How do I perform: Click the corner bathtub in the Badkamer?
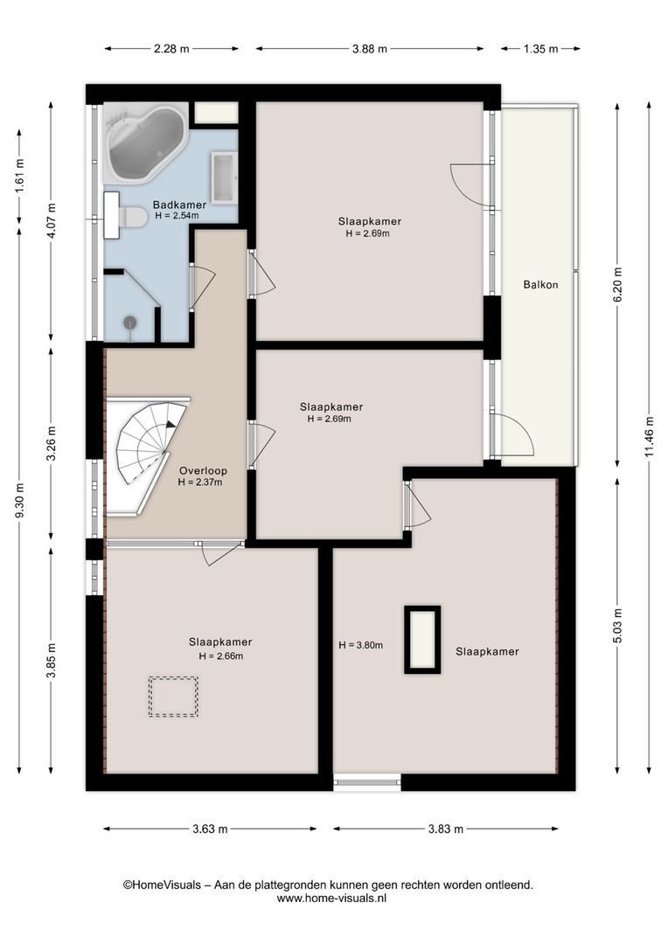click(x=146, y=142)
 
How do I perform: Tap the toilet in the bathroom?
click(x=131, y=216)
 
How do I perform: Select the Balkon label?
click(x=540, y=285)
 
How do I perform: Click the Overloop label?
click(x=203, y=471)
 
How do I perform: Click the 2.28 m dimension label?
click(x=171, y=49)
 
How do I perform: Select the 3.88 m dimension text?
click(x=369, y=49)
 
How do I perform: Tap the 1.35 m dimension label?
click(x=540, y=49)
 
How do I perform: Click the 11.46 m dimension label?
click(x=650, y=436)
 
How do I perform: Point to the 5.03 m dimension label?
click(x=617, y=626)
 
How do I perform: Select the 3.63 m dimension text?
click(x=210, y=829)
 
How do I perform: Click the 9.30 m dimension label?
click(x=19, y=501)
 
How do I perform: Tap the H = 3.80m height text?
click(x=361, y=645)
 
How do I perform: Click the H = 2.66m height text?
click(x=221, y=656)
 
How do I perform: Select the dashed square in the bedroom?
click(x=173, y=697)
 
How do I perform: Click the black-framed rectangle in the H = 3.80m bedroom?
click(x=422, y=639)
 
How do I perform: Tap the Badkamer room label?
click(x=179, y=205)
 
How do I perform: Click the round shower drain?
click(x=130, y=323)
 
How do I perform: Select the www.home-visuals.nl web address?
click(x=331, y=899)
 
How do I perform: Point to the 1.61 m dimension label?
click(x=19, y=176)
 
